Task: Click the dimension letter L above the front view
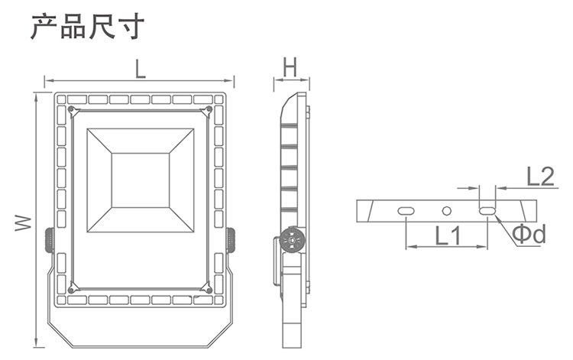coord(140,70)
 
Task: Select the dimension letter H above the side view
coord(290,68)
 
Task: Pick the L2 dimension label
coord(539,177)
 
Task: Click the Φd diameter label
coord(529,234)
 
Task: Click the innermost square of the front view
coord(140,180)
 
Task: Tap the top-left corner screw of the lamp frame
coord(71,110)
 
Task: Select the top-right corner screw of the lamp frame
coord(208,110)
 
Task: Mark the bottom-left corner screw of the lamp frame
coord(71,290)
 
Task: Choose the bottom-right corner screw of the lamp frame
coord(208,290)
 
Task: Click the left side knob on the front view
coord(48,241)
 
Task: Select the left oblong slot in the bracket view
coord(406,210)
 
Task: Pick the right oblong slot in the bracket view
coord(487,210)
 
